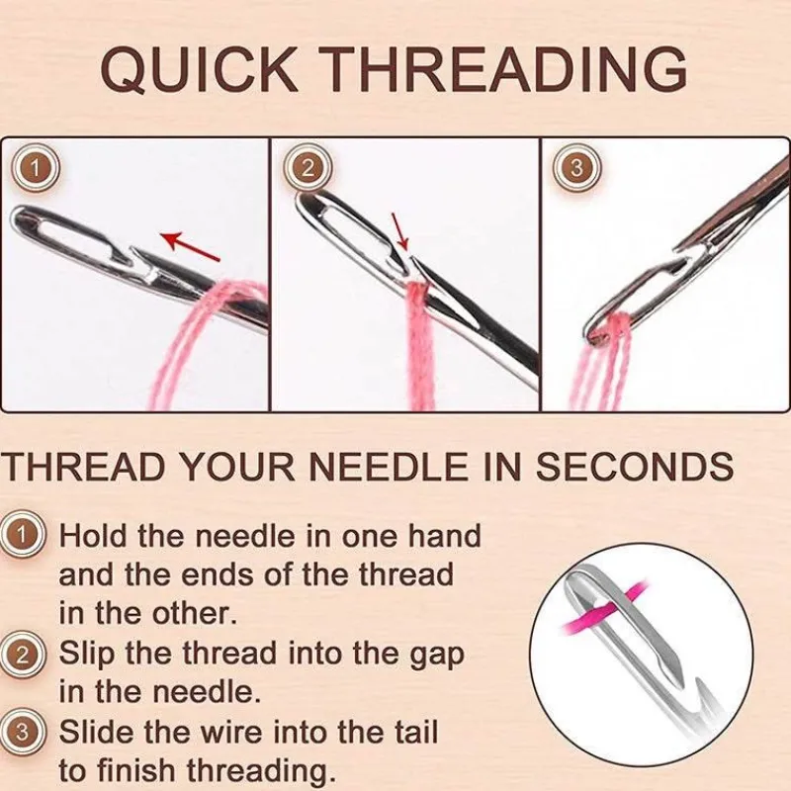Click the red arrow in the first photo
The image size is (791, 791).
pos(190,246)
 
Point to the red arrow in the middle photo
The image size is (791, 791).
pos(400,231)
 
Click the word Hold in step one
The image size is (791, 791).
pos(93,536)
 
